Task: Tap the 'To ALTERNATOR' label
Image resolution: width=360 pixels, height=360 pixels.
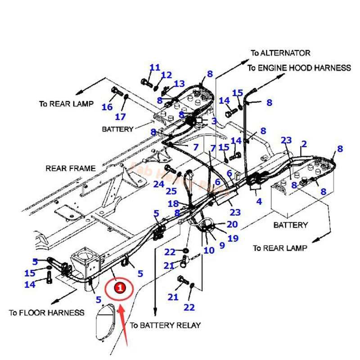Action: (280, 53)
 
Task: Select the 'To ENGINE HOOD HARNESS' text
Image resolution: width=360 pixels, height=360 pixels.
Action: (299, 68)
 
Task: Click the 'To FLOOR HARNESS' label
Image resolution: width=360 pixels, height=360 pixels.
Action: (46, 312)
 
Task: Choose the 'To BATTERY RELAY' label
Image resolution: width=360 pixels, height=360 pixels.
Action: (165, 325)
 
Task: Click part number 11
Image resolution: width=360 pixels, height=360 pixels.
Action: (155, 67)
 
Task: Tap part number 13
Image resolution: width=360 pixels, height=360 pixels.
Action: (179, 83)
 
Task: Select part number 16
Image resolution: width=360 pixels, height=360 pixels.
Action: (107, 107)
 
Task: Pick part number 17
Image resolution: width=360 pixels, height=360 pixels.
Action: (120, 117)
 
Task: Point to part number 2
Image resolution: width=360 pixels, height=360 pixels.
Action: (304, 144)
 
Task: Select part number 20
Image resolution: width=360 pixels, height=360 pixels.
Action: (232, 224)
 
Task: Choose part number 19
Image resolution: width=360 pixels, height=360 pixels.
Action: (232, 238)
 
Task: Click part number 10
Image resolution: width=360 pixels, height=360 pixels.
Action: (209, 250)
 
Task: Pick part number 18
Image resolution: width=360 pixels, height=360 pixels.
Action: (173, 204)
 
